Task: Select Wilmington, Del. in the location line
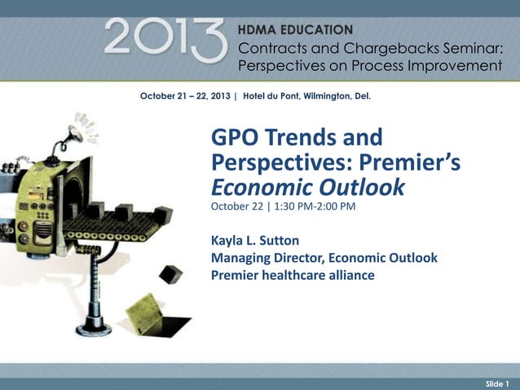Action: click(338, 96)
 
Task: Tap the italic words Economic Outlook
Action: click(307, 187)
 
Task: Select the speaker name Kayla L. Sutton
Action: click(254, 241)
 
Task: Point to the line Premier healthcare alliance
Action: click(293, 275)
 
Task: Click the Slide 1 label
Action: click(496, 383)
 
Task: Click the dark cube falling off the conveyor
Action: click(171, 273)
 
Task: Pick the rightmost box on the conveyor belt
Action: click(163, 215)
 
